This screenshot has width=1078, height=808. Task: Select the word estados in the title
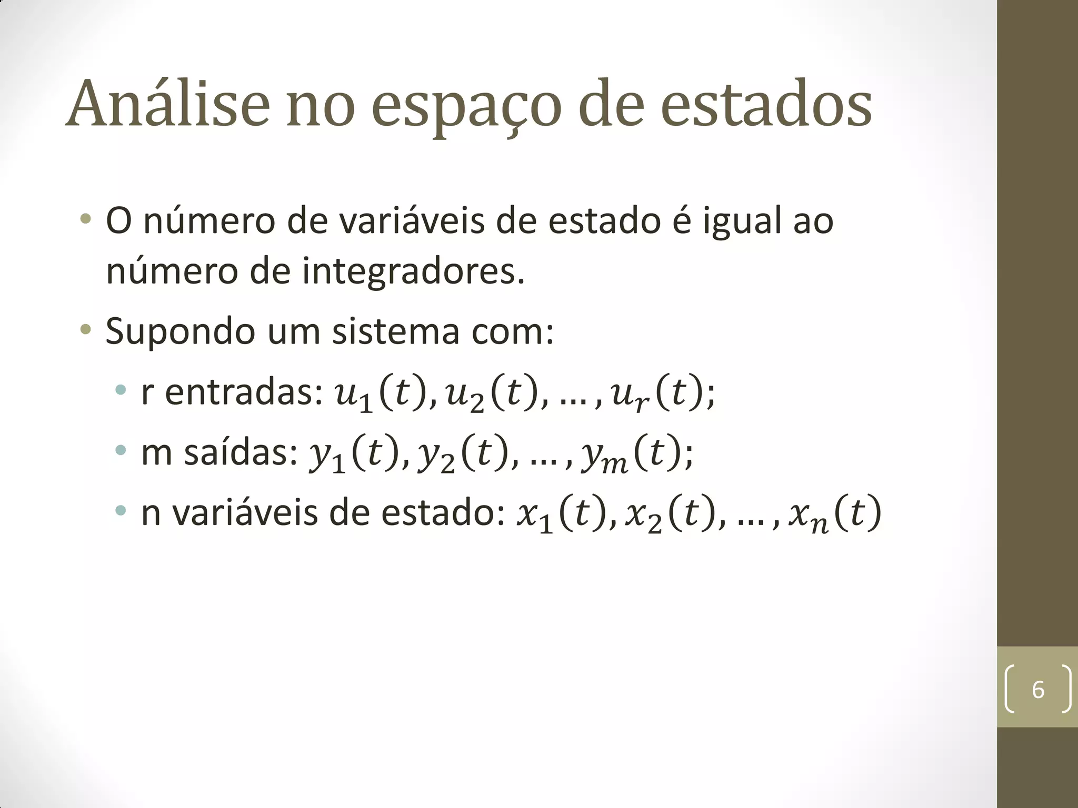point(766,104)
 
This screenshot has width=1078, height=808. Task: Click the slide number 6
point(1037,690)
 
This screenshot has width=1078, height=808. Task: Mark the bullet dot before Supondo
point(86,330)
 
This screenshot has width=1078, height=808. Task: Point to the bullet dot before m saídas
point(121,450)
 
